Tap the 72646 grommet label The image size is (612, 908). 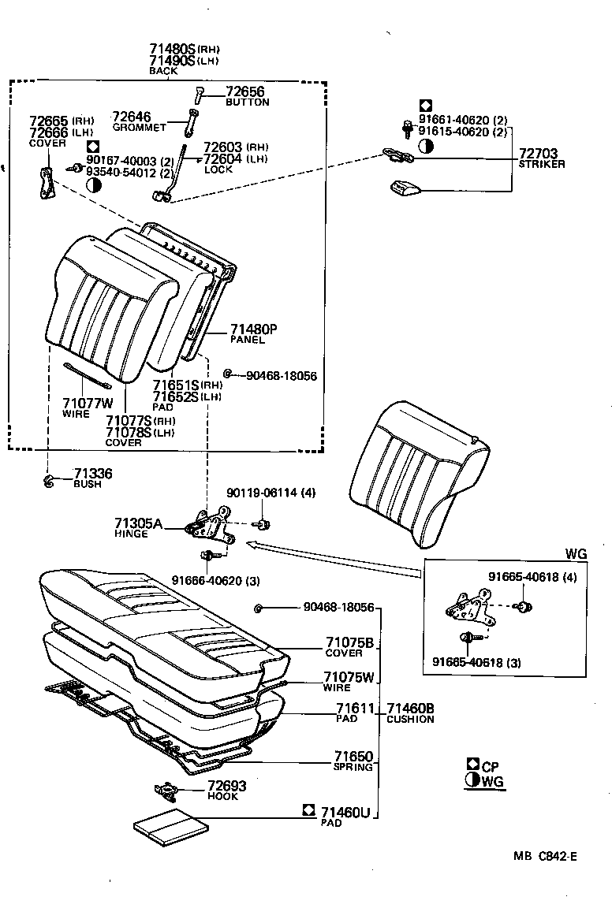(132, 117)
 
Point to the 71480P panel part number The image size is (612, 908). (254, 329)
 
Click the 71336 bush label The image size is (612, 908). (93, 474)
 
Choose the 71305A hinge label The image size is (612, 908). (138, 523)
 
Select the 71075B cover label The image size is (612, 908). (349, 642)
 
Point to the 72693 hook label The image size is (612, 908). (227, 787)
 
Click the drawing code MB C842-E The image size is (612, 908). (545, 856)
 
